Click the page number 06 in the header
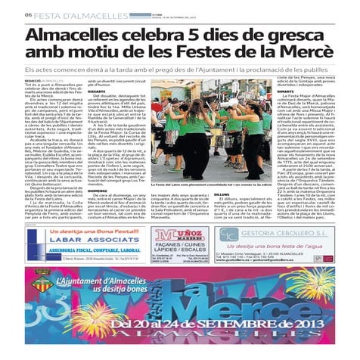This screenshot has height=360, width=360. tap(27, 14)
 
